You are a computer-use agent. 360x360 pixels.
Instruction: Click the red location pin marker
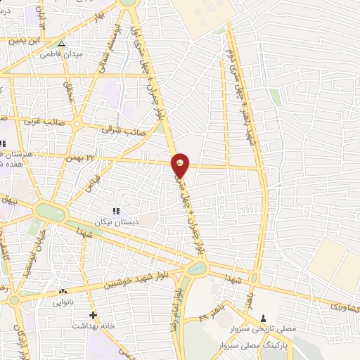point(181,165)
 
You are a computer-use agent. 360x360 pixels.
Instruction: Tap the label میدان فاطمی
point(60,53)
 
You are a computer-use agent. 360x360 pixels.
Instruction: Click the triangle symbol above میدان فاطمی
point(61,44)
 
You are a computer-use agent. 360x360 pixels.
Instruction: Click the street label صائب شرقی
point(123,130)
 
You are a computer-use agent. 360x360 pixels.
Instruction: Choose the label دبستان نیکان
point(117,220)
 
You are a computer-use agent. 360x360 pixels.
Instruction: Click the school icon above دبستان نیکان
point(117,210)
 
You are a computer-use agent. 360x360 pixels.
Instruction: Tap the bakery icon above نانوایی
point(63,291)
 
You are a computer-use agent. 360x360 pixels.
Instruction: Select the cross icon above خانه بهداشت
point(92,316)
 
